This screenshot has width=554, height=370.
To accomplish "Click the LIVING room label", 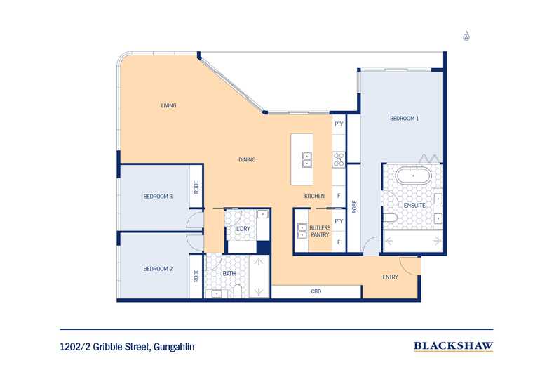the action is click(168, 105).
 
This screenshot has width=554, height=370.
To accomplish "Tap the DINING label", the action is click(247, 160).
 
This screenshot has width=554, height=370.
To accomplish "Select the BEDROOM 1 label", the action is click(404, 119).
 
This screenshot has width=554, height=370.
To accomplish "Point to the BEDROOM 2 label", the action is click(158, 269).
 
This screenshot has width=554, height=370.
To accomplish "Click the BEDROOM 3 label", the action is click(158, 197).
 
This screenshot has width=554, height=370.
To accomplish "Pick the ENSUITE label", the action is click(414, 206).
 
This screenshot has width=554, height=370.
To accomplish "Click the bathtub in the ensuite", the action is click(412, 176).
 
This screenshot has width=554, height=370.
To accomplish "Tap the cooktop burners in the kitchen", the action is click(339, 159).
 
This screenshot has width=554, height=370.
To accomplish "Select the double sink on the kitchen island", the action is click(306, 159).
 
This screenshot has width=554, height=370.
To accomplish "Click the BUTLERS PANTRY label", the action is click(320, 232).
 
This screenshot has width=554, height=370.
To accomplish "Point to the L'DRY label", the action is click(243, 229).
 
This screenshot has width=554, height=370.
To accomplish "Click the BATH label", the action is click(229, 273).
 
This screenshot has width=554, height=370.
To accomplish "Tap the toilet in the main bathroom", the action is click(238, 291).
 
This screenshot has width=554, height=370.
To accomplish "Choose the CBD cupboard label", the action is click(316, 291).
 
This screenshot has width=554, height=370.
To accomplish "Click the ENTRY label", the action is click(390, 277).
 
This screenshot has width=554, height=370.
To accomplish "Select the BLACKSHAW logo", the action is click(453, 346).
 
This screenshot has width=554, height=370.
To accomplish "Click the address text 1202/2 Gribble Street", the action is click(106, 347).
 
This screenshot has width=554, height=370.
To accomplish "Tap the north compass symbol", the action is click(466, 37).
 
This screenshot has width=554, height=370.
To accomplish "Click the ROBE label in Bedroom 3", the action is click(196, 187).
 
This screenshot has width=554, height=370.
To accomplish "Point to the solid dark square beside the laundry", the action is click(263, 247).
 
